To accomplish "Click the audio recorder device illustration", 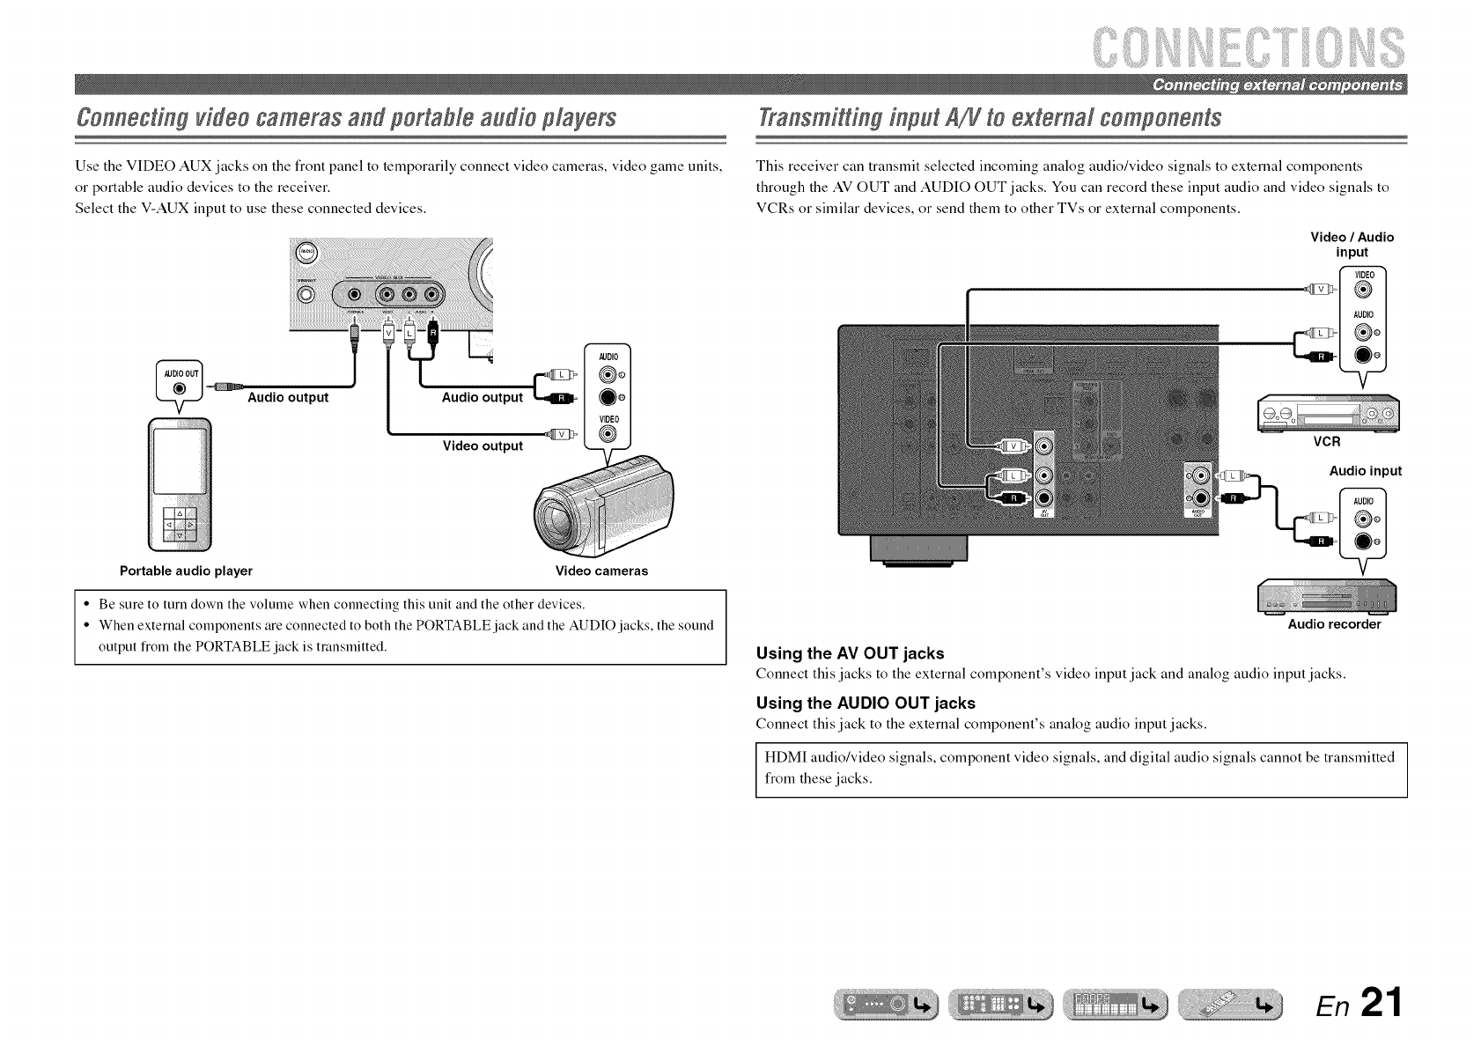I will tap(1328, 596).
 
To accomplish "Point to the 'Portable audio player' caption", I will tap(186, 571).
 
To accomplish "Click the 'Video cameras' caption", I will tap(601, 571).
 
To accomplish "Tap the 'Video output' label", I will tap(483, 446).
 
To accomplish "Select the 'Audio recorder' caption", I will tap(1334, 624).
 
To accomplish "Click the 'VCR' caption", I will tap(1326, 442).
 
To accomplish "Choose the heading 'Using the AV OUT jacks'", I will tap(850, 653).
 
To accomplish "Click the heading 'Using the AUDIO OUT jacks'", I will tap(866, 703).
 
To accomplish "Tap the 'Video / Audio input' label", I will tap(1352, 244).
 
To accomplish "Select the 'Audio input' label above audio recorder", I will tap(1365, 471).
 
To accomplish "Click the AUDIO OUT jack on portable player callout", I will tap(179, 389).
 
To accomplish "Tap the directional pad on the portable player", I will tap(180, 525).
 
